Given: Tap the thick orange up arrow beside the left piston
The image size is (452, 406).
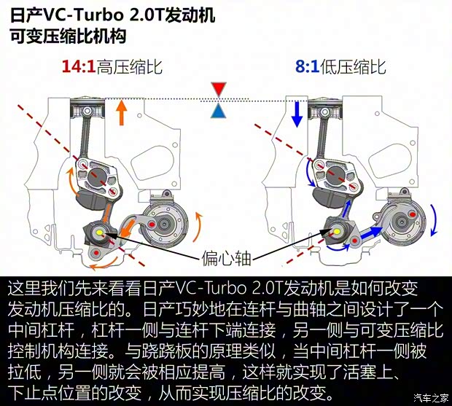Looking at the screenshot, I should pyautogui.click(x=122, y=112).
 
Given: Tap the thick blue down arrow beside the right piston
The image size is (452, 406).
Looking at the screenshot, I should pyautogui.click(x=297, y=113).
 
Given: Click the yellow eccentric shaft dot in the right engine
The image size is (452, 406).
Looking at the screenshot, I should pyautogui.click(x=339, y=233).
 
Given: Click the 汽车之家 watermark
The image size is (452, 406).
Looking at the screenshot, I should pyautogui.click(x=429, y=397).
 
